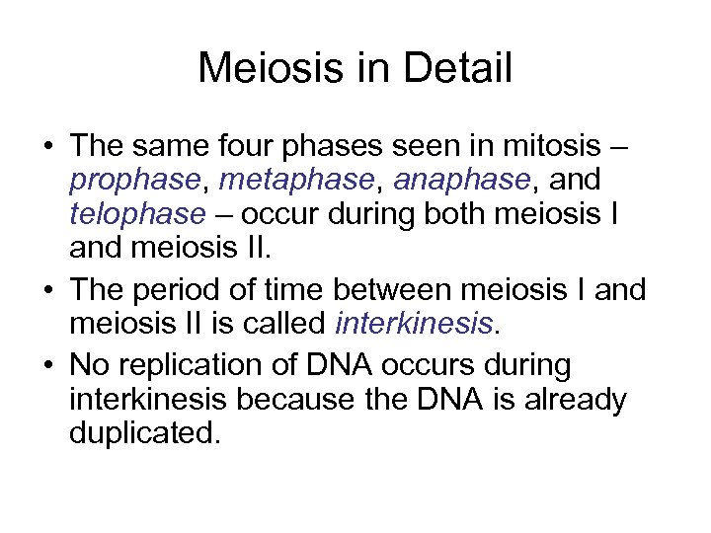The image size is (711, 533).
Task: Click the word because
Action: pyautogui.click(x=295, y=399)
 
